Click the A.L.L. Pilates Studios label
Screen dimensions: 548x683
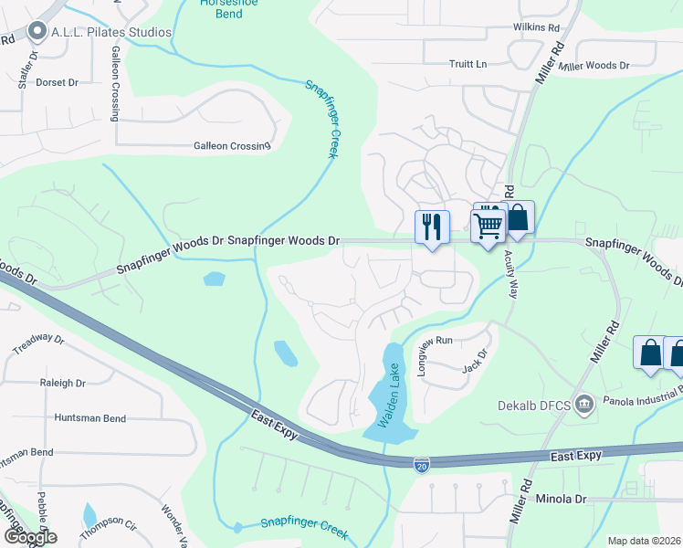[x=112, y=33]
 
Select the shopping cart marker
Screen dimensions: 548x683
[x=489, y=224]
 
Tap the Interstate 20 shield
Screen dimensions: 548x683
[x=421, y=465]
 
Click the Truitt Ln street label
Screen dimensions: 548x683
[x=468, y=64]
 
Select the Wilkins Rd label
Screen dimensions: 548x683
[x=535, y=28]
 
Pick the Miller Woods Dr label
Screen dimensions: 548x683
[x=594, y=66]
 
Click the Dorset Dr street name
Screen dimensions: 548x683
[x=58, y=82]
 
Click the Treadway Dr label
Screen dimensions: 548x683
[x=38, y=344]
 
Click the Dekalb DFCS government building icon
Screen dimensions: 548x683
[x=585, y=403]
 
